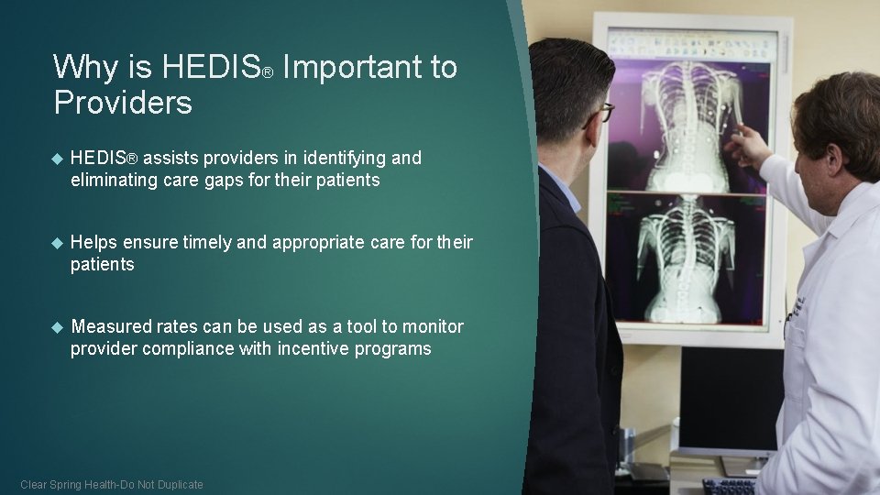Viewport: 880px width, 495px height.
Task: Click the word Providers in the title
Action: tap(123, 103)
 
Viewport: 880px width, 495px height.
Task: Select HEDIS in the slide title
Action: tap(210, 67)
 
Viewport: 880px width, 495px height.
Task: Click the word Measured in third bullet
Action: tap(111, 326)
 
